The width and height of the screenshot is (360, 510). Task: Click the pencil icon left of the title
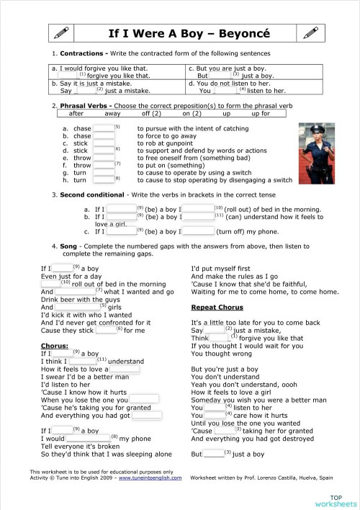click(x=60, y=32)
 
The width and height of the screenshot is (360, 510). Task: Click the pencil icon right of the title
click(x=310, y=32)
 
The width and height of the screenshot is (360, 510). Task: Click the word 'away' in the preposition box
click(x=112, y=114)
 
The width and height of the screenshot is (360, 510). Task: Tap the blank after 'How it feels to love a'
click(x=125, y=369)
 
